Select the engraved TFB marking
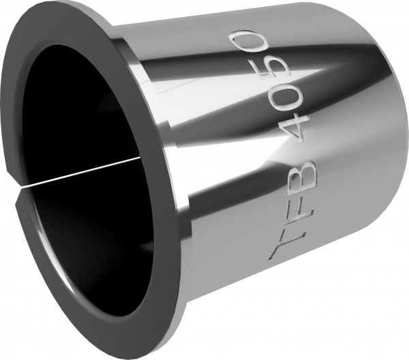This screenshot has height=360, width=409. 292,211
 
